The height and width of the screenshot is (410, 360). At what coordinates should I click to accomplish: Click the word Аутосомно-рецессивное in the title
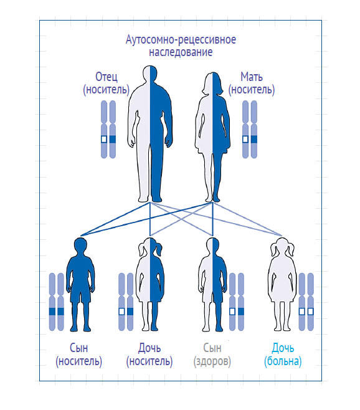click(181, 40)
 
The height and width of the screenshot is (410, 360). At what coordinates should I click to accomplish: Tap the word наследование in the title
click(181, 52)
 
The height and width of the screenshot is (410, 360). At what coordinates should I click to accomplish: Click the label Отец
click(106, 77)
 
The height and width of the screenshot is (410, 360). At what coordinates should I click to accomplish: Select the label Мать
click(252, 77)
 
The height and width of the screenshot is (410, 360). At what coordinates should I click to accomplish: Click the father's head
click(150, 74)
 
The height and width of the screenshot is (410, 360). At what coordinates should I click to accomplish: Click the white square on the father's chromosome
click(104, 139)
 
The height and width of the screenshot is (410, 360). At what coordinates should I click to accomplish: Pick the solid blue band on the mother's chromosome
click(254, 139)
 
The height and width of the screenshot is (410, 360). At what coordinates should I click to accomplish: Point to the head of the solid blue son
click(80, 246)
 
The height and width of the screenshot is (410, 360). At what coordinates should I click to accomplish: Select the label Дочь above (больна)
click(283, 348)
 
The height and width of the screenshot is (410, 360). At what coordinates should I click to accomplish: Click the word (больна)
click(283, 361)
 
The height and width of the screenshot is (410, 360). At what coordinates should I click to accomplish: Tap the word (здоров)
click(212, 361)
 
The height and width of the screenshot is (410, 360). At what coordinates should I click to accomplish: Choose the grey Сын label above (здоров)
click(212, 348)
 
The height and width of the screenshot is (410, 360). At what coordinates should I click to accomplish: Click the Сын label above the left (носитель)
click(78, 348)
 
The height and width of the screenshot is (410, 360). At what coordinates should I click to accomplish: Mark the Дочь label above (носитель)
click(149, 348)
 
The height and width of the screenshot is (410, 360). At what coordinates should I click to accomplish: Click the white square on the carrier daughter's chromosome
click(121, 312)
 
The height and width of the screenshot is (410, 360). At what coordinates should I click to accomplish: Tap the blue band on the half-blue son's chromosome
click(241, 312)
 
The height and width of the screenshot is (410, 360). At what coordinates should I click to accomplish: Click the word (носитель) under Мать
click(252, 90)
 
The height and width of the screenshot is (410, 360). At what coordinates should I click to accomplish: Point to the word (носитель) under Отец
click(106, 90)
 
